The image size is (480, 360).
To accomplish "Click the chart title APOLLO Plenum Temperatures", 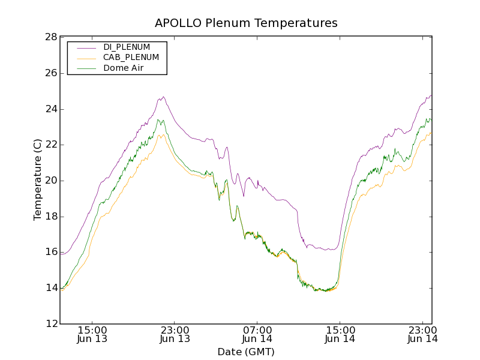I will [x=246, y=23].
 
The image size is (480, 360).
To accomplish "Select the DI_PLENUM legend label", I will [x=127, y=47].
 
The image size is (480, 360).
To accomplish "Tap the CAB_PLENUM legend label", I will [x=131, y=58].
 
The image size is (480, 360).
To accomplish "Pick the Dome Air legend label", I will [x=123, y=68].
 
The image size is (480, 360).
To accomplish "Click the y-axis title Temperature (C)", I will [x=38, y=180].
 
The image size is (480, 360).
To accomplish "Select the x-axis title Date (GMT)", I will [x=246, y=352].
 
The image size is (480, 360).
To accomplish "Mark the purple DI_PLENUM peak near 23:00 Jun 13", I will [x=163, y=97].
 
